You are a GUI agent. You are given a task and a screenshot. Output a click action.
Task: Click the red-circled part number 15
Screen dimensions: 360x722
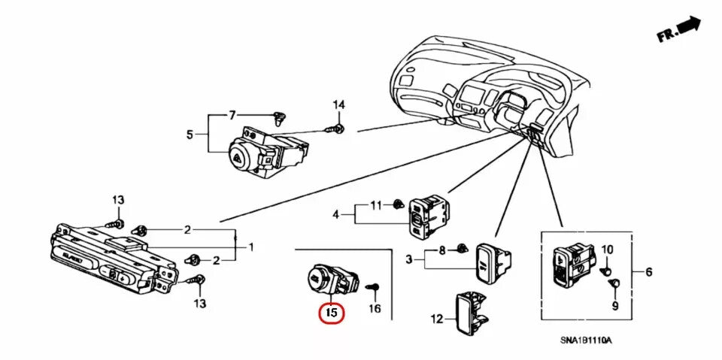pos(331,311)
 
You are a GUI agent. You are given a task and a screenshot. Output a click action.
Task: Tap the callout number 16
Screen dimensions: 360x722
pos(375,308)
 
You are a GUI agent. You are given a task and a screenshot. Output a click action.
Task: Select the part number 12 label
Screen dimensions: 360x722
pos(436,319)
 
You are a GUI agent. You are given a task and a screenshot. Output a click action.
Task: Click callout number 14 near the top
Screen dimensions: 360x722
pos(338,104)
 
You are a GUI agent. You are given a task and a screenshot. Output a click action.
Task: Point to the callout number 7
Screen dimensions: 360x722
pos(232,115)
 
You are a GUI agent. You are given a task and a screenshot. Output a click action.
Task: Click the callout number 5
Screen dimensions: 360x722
pos(190,135)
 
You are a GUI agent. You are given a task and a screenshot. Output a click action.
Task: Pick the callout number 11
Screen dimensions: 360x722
pos(376,204)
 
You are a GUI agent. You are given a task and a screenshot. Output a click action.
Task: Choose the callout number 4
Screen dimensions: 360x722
pos(336,215)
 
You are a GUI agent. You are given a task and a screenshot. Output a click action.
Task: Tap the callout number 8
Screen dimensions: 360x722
pos(442,249)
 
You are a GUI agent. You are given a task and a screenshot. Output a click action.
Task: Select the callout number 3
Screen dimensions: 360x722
pos(408,260)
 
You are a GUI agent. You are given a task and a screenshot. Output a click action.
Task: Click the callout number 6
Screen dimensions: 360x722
pos(649,271)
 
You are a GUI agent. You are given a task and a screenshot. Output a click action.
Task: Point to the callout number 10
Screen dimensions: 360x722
pos(607,249)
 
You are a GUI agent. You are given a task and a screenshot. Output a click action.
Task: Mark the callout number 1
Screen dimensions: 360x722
pos(250,247)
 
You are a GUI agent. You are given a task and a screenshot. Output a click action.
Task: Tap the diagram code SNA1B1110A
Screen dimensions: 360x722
pos(586,340)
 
